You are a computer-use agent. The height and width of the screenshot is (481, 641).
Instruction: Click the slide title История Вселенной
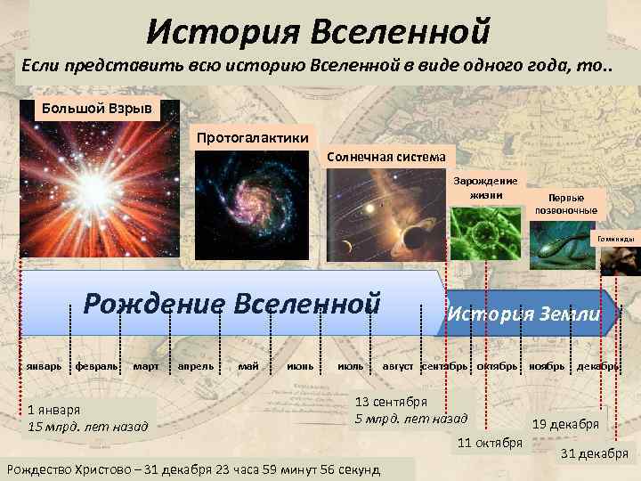point(319,31)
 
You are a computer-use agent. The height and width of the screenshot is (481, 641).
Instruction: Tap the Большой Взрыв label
point(98,110)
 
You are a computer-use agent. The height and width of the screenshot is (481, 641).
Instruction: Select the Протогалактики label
point(253,137)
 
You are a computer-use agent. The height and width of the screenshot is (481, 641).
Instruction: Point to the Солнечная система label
point(385,157)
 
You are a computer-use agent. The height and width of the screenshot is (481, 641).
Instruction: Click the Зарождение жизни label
point(485,188)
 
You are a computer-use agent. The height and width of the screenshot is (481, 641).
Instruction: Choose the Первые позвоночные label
point(566,204)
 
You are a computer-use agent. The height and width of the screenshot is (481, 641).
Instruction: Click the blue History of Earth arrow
point(524,314)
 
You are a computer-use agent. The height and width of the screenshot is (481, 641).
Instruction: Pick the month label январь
point(43,366)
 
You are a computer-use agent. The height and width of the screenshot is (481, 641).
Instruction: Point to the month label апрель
point(195,366)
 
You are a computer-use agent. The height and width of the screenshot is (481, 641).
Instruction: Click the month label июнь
point(299,366)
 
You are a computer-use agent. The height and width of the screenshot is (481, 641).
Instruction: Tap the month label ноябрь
point(546,366)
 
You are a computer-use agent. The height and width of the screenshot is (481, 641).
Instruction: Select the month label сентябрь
point(443,366)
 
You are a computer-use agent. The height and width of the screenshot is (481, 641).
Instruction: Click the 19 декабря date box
point(565,424)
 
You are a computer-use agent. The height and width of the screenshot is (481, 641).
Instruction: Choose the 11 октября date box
point(490,443)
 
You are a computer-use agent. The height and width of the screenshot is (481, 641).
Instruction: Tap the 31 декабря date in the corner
point(594,454)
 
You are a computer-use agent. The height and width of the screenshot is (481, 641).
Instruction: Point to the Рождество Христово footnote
point(193,469)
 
